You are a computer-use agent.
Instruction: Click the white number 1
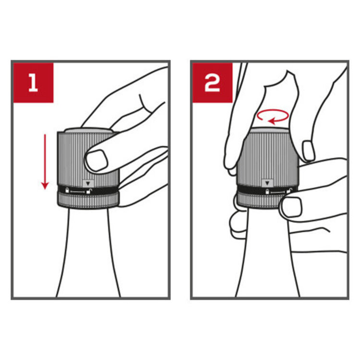33,83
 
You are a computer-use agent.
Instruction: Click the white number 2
212,83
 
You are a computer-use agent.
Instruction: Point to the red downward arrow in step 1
45,162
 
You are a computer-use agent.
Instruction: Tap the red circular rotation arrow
273,117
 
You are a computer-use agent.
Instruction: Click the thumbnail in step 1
96,160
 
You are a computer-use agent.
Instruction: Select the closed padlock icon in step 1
67,190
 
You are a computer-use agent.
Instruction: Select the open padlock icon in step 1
89,191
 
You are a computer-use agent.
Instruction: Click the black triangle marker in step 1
88,183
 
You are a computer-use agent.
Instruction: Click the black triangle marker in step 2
267,183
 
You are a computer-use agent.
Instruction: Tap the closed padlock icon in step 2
267,191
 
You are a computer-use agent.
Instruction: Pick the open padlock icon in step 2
289,191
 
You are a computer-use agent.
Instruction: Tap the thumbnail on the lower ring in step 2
291,207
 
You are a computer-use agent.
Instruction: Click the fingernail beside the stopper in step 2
308,151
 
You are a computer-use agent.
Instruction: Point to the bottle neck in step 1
89,252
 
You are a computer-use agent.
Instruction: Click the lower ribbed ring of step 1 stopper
88,201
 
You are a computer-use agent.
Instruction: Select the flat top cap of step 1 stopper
88,131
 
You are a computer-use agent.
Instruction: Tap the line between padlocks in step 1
78,191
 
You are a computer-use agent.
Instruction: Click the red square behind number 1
33,83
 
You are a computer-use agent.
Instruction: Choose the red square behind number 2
212,83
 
